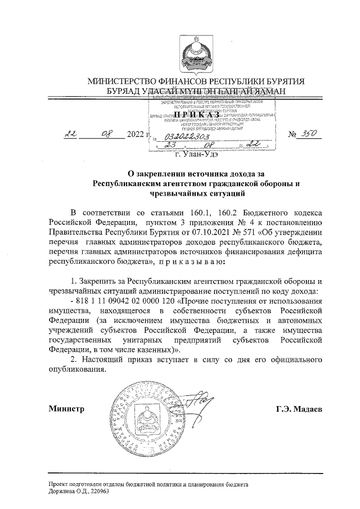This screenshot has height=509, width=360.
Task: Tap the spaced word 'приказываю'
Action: [x=190, y=262]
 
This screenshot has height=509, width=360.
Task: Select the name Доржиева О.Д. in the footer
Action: [x=66, y=491]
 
